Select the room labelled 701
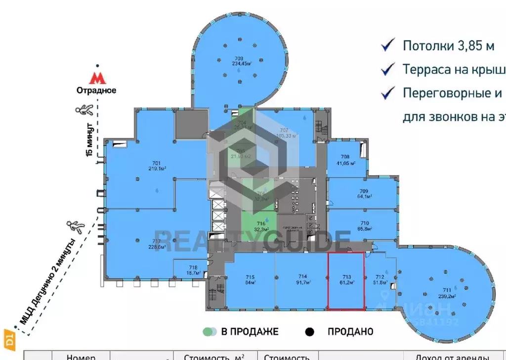[x=157, y=166]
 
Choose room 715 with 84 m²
[x=250, y=279]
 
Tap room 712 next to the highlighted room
[x=379, y=280]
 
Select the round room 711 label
[x=448, y=293]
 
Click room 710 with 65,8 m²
[x=365, y=226]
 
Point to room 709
[x=364, y=193]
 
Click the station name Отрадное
[x=96, y=90]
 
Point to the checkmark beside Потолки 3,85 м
[x=388, y=45]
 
